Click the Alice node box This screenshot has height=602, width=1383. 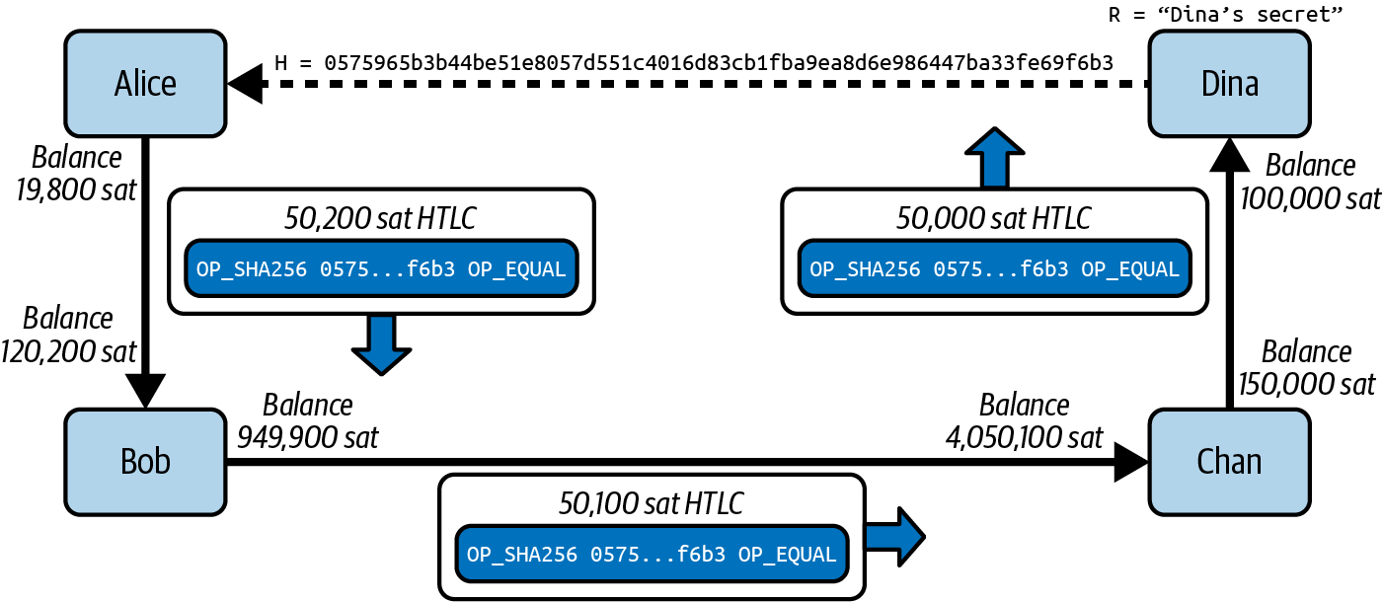145,84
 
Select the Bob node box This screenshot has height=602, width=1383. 145,461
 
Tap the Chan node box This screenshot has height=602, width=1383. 1229,461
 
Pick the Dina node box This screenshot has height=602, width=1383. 1229,84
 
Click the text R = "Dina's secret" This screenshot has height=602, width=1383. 1227,15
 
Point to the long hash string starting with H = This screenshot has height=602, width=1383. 693,62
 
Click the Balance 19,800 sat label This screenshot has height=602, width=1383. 76,173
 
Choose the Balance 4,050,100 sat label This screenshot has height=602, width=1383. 1024,421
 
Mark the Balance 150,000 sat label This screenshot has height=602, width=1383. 1306,367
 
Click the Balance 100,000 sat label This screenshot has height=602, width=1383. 1310,182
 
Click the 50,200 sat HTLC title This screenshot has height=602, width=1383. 381,218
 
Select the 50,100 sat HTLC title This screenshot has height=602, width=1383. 651,504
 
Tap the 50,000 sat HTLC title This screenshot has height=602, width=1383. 994,218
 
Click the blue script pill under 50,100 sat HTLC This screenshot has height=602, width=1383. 651,555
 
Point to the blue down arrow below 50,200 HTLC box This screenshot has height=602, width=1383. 380,343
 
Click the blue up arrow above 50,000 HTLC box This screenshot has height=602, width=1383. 994,157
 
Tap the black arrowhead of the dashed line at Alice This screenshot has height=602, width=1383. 247,85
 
